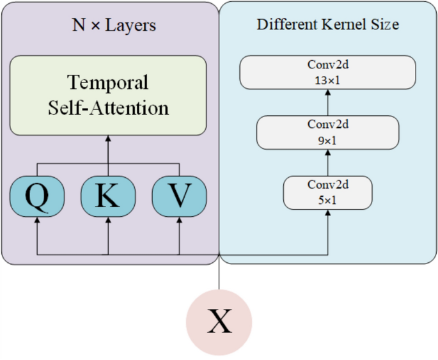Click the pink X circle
click(x=219, y=322)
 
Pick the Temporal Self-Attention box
click(x=108, y=95)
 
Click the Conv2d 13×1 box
click(x=327, y=72)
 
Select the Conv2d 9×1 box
click(x=327, y=132)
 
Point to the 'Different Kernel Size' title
click(x=327, y=25)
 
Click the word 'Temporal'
click(x=108, y=82)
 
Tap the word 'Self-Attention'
click(x=108, y=107)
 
